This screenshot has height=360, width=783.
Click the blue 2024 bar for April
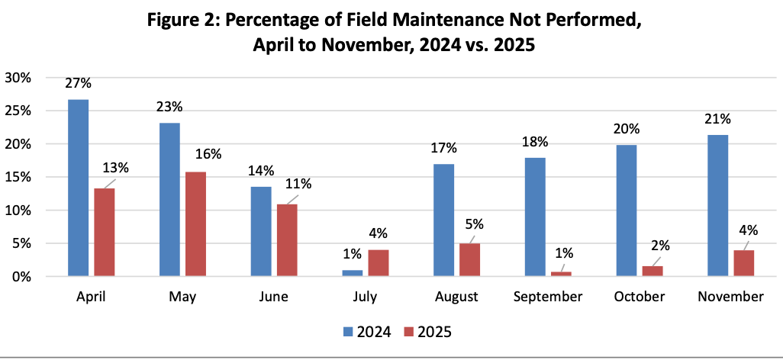(x=79, y=188)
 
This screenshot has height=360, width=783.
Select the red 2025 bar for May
(x=195, y=224)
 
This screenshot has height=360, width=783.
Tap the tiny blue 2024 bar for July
(x=353, y=273)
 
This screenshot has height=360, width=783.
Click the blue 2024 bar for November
(x=718, y=206)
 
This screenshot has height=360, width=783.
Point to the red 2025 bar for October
(x=652, y=271)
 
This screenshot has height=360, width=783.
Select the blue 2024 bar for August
(x=444, y=220)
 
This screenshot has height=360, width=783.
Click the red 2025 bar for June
(x=287, y=240)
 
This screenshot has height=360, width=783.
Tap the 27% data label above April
(x=78, y=83)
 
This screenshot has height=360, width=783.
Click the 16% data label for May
(x=209, y=154)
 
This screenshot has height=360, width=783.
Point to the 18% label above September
(x=535, y=142)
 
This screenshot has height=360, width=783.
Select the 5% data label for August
(x=475, y=224)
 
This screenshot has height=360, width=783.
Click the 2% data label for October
(x=659, y=246)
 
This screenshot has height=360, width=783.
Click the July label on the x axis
(x=366, y=297)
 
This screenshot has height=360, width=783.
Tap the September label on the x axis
(x=548, y=297)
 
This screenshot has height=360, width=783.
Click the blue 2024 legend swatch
(x=347, y=332)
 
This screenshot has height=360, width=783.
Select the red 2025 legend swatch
(x=408, y=332)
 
